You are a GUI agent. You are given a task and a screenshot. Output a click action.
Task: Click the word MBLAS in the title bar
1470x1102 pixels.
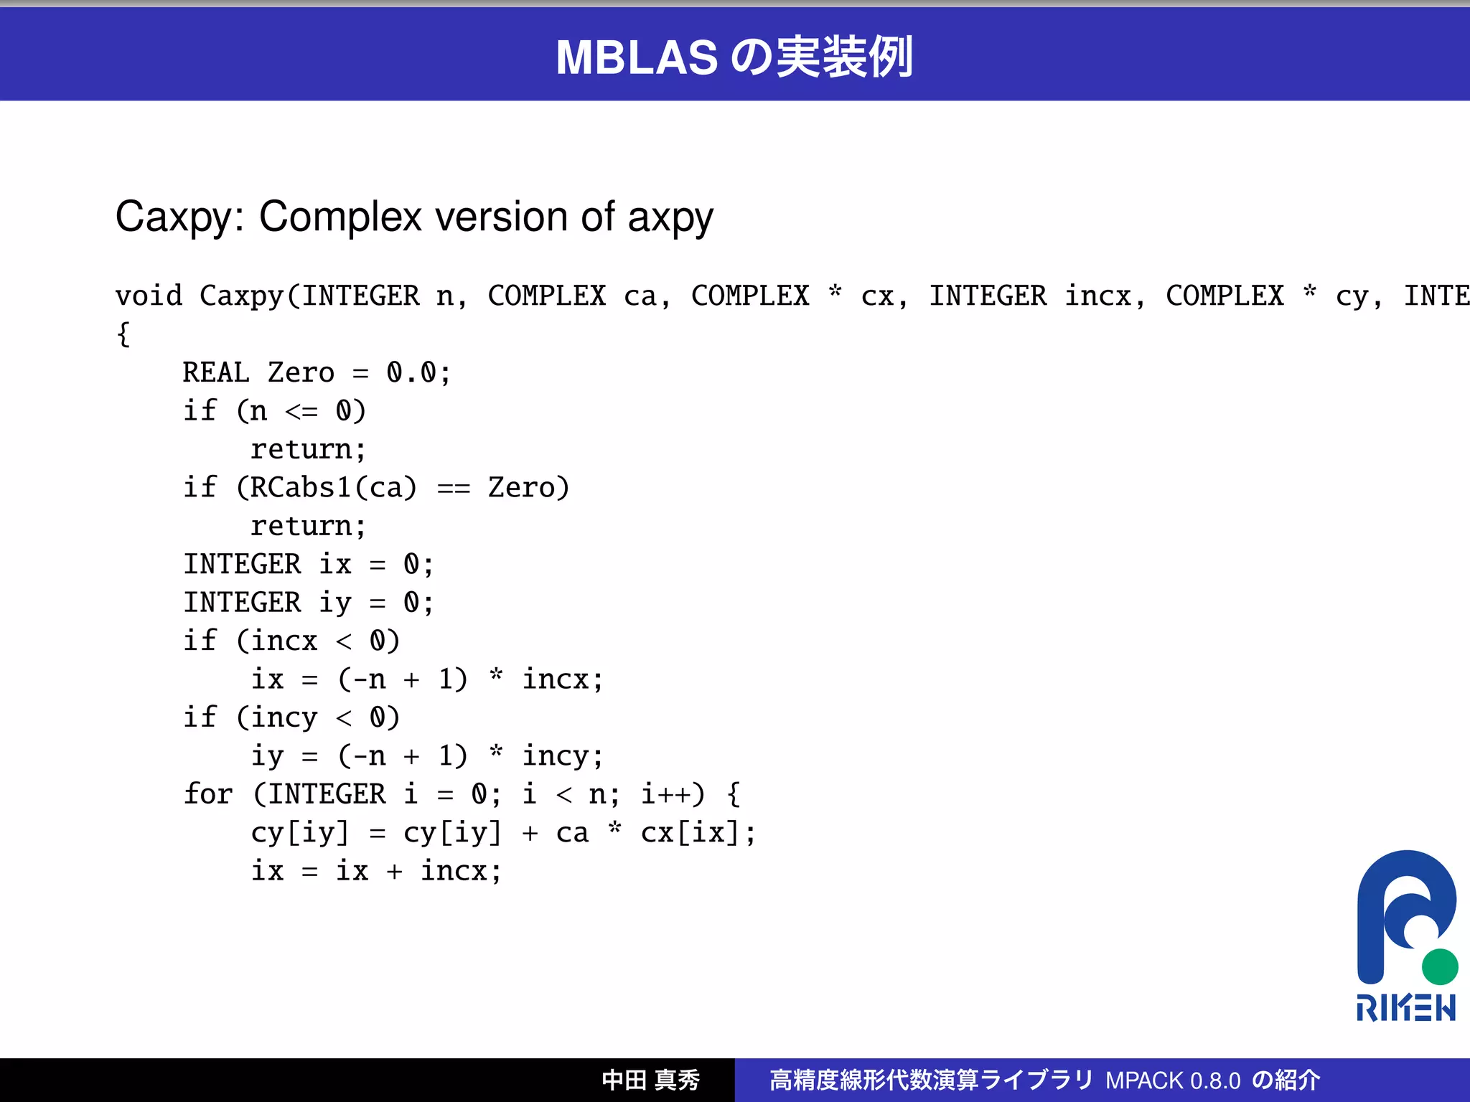[636, 57]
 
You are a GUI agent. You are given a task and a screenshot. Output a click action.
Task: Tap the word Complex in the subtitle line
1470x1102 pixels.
[340, 217]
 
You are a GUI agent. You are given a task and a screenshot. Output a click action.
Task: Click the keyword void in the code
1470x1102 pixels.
[149, 296]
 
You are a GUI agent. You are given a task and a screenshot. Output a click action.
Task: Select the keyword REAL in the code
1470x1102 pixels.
[216, 372]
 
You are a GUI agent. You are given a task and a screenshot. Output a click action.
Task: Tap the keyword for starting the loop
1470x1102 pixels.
[208, 794]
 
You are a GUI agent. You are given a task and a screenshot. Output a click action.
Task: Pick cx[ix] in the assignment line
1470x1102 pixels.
[690, 833]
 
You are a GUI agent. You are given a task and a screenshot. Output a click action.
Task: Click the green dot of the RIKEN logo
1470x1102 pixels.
[1439, 966]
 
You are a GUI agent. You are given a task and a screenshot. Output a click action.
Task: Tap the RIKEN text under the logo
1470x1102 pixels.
[1405, 1008]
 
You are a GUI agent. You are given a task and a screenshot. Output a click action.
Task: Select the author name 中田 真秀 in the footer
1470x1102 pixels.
[650, 1080]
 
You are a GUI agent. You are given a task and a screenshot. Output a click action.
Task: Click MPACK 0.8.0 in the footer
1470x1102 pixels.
[1173, 1080]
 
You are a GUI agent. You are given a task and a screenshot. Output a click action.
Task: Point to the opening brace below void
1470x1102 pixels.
[123, 334]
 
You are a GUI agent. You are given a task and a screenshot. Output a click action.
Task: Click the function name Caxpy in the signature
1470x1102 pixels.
[242, 296]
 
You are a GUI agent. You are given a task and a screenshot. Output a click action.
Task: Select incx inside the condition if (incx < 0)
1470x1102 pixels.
[284, 641]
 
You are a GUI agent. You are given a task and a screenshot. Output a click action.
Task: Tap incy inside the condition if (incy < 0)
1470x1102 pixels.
[284, 717]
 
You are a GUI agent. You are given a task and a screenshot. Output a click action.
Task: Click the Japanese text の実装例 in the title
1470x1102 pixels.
[822, 57]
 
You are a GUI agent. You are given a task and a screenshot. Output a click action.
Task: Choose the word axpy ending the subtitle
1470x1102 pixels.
[670, 217]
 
